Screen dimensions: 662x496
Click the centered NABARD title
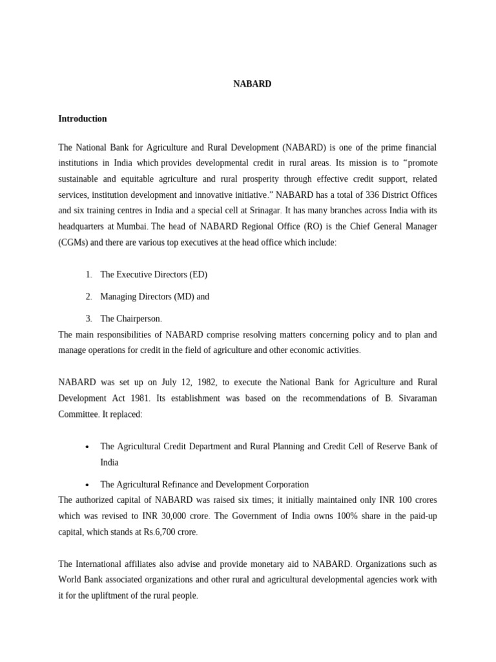[252, 84]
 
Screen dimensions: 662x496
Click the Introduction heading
[82, 119]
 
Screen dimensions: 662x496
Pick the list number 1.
[88, 275]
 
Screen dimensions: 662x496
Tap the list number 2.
[88, 297]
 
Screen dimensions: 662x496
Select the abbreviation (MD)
[183, 297]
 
